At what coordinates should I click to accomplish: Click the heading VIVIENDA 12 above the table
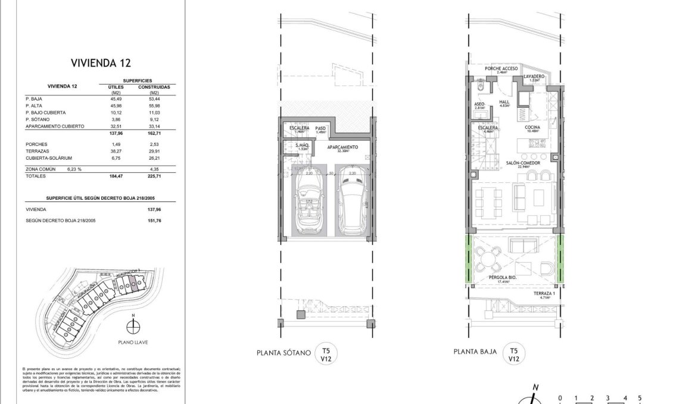101,62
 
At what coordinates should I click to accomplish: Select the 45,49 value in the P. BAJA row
116,98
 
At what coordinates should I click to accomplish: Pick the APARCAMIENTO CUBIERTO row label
55,126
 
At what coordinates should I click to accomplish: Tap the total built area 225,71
154,176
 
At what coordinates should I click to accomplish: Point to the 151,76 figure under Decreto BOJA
154,220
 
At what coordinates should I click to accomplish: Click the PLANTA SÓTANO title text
283,353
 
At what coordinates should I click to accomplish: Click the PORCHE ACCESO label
501,69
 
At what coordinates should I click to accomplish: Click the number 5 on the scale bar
639,398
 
